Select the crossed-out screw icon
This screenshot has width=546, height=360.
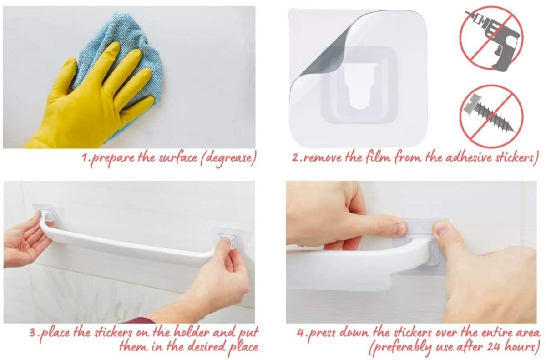pyautogui.click(x=491, y=117)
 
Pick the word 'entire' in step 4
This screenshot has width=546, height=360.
pyautogui.click(x=491, y=333)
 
